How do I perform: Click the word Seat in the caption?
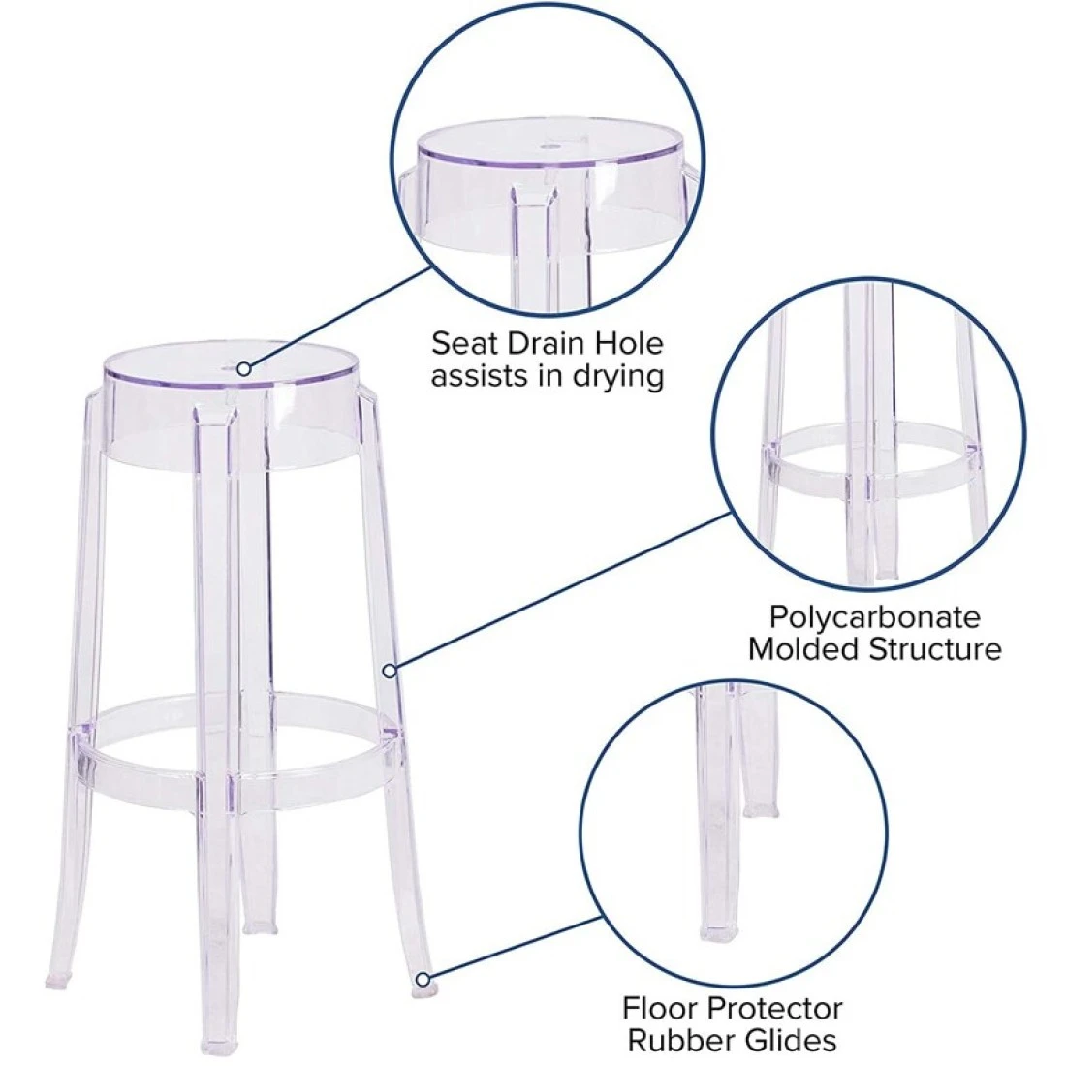pos(459,343)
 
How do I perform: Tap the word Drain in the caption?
pos(540,343)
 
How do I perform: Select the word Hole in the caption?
pos(629,343)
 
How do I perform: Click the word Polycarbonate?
pos(875,617)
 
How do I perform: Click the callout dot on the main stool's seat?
pos(244,368)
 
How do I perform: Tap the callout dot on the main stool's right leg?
pos(390,671)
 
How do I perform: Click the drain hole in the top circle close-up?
pos(549,145)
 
